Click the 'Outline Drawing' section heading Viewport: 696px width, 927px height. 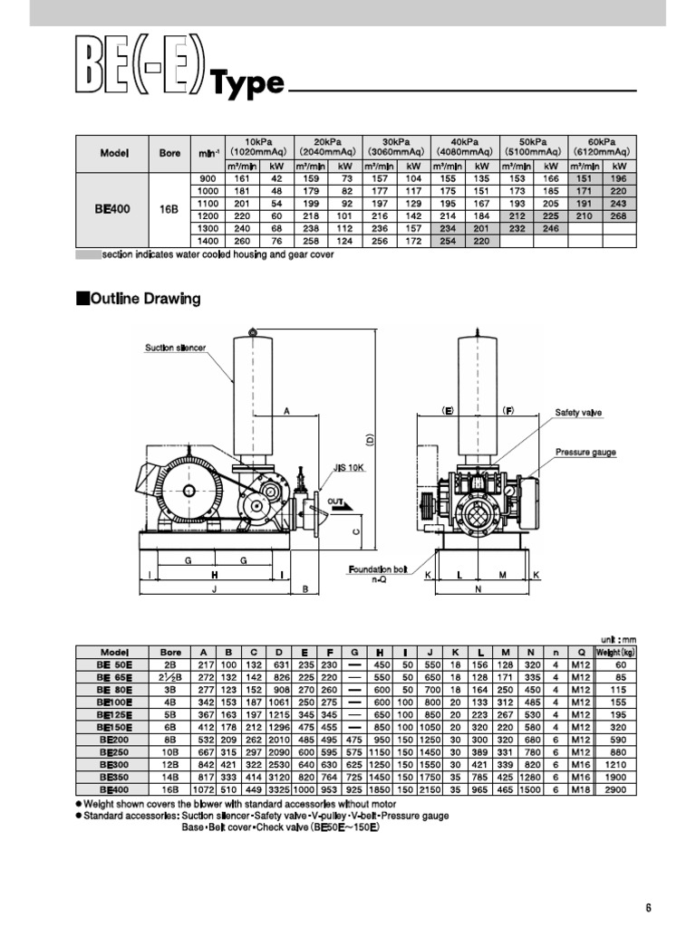pyautogui.click(x=143, y=299)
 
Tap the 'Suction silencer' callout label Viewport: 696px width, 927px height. pyautogui.click(x=175, y=348)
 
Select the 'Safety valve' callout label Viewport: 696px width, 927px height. pyautogui.click(x=578, y=412)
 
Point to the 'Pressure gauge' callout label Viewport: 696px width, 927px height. pyautogui.click(x=585, y=451)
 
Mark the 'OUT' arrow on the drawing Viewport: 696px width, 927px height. pyautogui.click(x=336, y=501)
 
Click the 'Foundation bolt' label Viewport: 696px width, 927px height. pyautogui.click(x=380, y=569)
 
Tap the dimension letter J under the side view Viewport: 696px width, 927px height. pyautogui.click(x=214, y=589)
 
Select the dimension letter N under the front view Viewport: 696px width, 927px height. pyautogui.click(x=478, y=589)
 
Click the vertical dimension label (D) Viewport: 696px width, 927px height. pyautogui.click(x=371, y=440)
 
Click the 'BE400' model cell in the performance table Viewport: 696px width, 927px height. pyautogui.click(x=113, y=209)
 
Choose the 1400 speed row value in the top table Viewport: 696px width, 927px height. pyautogui.click(x=208, y=242)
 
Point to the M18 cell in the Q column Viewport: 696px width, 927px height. pyautogui.click(x=580, y=790)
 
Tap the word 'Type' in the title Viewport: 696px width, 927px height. pyautogui.click(x=247, y=84)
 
